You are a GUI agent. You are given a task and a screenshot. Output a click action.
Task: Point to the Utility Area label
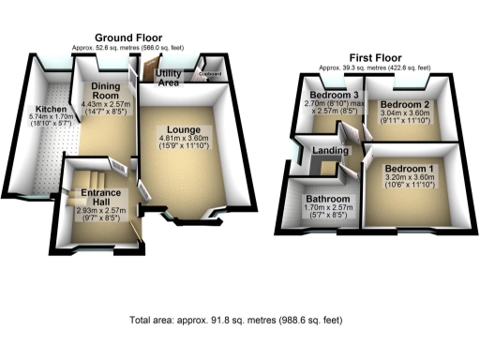[169, 79]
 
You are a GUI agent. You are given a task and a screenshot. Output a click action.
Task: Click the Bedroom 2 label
[405, 103]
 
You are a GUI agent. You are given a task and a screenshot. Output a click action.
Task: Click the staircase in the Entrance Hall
[88, 176]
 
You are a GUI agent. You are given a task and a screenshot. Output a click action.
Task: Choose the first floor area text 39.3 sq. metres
[374, 67]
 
